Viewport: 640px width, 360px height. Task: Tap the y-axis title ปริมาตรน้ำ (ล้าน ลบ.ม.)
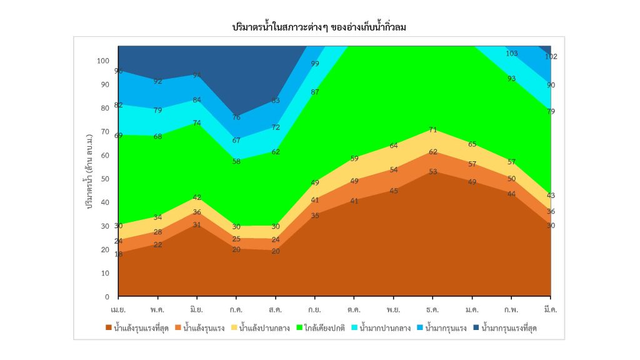(90, 169)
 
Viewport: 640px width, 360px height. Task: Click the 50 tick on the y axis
(106, 179)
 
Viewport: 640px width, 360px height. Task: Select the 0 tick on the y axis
(107, 296)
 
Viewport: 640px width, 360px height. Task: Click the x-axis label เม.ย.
(119, 309)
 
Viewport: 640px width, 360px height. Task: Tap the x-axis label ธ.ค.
(432, 309)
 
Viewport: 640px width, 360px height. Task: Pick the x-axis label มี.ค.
(550, 309)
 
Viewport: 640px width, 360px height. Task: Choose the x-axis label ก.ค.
(236, 309)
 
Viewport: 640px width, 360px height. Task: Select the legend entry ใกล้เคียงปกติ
(325, 327)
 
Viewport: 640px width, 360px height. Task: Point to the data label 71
(432, 130)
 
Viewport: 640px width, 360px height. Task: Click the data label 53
(432, 172)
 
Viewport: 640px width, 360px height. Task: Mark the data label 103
(511, 54)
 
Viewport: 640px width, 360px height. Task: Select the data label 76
(236, 117)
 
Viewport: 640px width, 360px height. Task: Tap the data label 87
(315, 92)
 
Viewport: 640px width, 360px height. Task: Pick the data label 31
(197, 225)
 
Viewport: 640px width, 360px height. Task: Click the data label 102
(551, 56)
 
